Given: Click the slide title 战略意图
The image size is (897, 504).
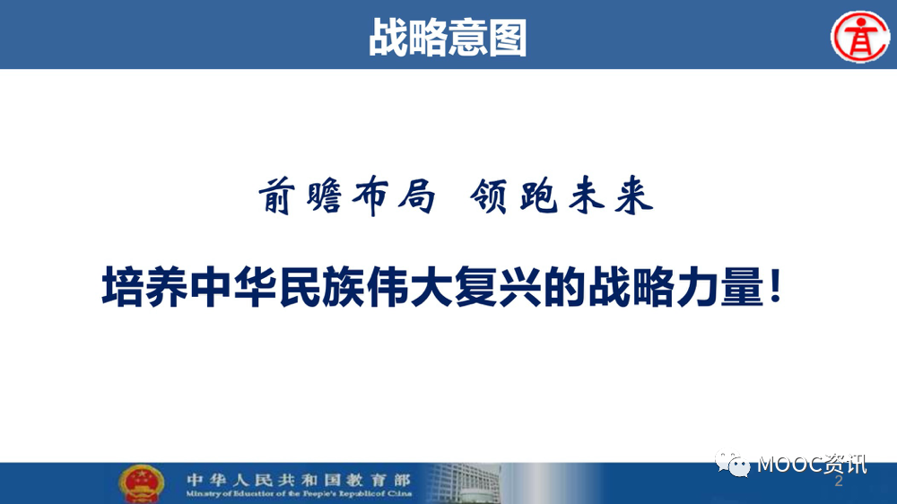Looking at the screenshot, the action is click(x=448, y=38).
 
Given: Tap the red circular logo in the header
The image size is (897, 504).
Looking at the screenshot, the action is click(x=860, y=37).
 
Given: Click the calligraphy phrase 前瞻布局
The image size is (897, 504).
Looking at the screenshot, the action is click(x=346, y=196).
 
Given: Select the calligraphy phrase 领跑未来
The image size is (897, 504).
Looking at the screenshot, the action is click(x=562, y=196).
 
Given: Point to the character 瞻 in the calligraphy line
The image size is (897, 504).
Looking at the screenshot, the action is click(x=325, y=196).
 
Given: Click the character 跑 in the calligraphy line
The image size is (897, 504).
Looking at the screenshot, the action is click(x=538, y=196).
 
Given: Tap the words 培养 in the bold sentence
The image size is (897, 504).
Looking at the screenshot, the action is click(x=144, y=287).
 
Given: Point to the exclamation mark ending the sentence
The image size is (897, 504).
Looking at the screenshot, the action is click(x=776, y=285).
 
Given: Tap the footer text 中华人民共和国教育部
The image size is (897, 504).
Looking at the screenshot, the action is click(x=298, y=480).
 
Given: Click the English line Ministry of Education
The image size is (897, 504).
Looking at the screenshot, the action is click(x=299, y=493).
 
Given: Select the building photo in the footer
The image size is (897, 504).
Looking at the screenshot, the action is click(x=465, y=483).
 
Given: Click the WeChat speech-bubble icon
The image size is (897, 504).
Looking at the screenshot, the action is click(x=732, y=464).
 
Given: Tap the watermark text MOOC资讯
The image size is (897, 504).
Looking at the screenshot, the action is click(x=812, y=464).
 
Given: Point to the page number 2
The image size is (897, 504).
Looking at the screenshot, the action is click(x=839, y=481).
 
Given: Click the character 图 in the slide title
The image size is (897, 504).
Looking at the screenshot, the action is click(x=508, y=38).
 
